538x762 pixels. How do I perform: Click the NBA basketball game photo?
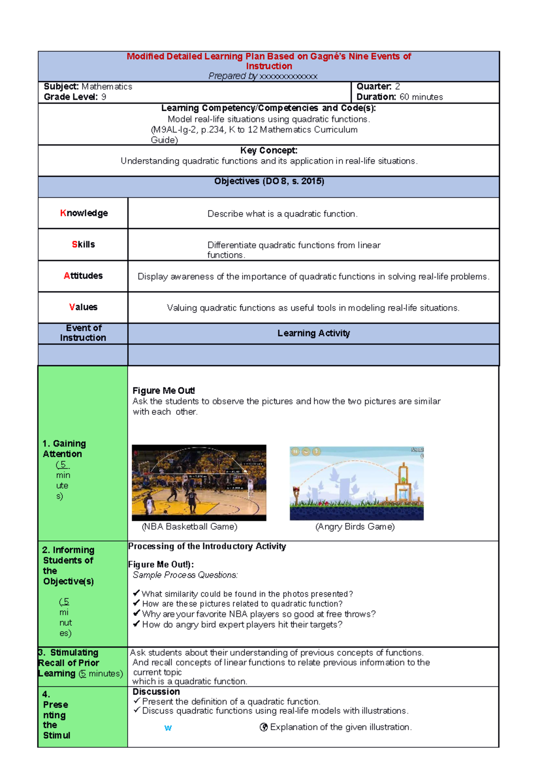pos(199,483)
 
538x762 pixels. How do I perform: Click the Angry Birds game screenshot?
pos(356,483)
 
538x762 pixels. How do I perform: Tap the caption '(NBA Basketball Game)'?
pos(190,527)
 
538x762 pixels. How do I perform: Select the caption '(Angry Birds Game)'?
pos(355,527)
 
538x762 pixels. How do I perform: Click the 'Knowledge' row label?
pos(84,213)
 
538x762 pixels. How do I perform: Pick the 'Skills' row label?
pos(83,244)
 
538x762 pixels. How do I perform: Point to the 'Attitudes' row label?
pos(83,276)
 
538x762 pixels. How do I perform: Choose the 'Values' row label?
pos(83,307)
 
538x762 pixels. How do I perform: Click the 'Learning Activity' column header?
pos(313,333)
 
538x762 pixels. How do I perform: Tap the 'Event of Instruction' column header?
pos(83,333)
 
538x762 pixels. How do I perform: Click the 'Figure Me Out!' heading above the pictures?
pos(164,390)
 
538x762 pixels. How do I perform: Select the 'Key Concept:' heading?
pos(269,151)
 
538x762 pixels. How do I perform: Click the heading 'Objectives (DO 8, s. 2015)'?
pos(269,181)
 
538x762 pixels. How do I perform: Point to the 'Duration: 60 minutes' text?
pos(399,97)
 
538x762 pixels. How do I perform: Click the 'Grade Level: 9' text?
pos(75,97)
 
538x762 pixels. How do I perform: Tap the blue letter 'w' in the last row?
pos(168,728)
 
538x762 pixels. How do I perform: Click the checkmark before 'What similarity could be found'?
pos(137,593)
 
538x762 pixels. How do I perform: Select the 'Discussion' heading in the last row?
pos(156,692)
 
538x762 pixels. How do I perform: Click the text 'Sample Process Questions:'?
pos(185,575)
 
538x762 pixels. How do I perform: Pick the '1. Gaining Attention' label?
pos(64,449)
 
